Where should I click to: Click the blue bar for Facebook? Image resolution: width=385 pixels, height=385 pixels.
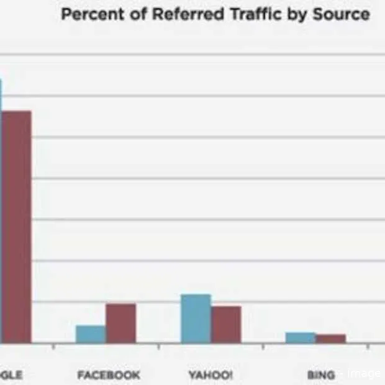pyautogui.click(x=91, y=334)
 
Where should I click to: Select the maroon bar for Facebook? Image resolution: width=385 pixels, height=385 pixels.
pyautogui.click(x=120, y=323)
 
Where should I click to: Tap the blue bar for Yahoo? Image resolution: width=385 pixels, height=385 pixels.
pyautogui.click(x=196, y=318)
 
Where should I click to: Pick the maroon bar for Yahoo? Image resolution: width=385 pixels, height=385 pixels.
pyautogui.click(x=226, y=324)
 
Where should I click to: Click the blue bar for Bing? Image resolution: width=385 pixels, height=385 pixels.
pyautogui.click(x=301, y=337)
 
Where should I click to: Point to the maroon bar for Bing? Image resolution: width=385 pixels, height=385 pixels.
pyautogui.click(x=330, y=338)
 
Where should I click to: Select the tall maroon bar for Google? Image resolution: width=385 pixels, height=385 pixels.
pyautogui.click(x=16, y=227)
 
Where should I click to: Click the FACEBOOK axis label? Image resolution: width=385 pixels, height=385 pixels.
pyautogui.click(x=109, y=375)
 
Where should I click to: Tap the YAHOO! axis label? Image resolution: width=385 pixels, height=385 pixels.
pyautogui.click(x=211, y=375)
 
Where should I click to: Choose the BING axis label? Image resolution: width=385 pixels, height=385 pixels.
pyautogui.click(x=321, y=375)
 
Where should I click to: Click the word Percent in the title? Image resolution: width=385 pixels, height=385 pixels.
pyautogui.click(x=91, y=14)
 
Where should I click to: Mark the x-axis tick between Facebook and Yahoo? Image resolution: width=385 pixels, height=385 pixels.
pyautogui.click(x=158, y=346)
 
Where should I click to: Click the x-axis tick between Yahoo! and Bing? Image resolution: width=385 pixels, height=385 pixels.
pyautogui.click(x=263, y=346)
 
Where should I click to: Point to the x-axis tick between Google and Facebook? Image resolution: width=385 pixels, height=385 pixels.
pyautogui.click(x=54, y=346)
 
